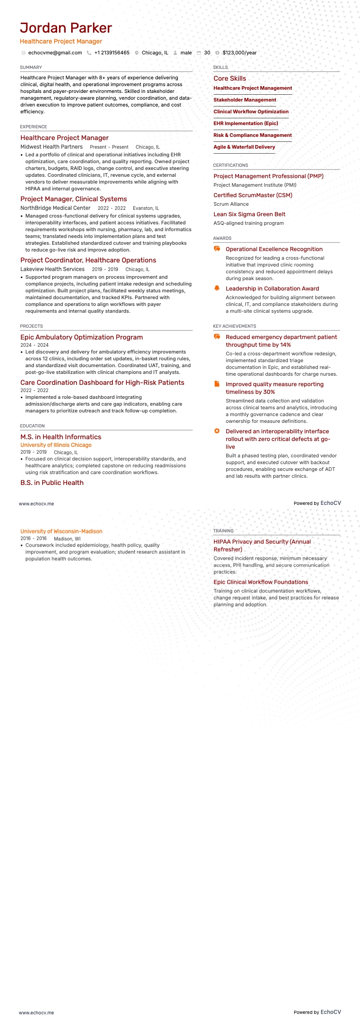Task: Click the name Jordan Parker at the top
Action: [x=66, y=28]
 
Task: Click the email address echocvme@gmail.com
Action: [x=55, y=53]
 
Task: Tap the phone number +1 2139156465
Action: [x=112, y=53]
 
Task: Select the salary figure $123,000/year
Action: [x=239, y=53]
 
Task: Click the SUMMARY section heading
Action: [x=31, y=67]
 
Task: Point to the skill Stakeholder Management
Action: [x=245, y=100]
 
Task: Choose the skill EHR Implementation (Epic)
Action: [x=246, y=123]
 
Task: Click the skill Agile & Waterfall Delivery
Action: [x=244, y=147]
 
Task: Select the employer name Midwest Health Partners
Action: [x=51, y=147]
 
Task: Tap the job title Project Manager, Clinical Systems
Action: [x=73, y=199]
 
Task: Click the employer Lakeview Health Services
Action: [x=52, y=269]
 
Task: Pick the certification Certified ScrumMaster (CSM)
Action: [x=253, y=195]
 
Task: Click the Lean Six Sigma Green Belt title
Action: [x=249, y=214]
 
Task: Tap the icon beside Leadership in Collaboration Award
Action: [x=217, y=288]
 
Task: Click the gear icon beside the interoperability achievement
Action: [x=217, y=431]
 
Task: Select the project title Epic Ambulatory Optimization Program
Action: [x=82, y=337]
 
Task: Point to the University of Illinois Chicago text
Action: [x=56, y=445]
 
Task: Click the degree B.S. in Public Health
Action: [x=52, y=483]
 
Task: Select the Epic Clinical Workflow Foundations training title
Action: [x=261, y=582]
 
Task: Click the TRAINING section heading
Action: [x=224, y=531]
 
